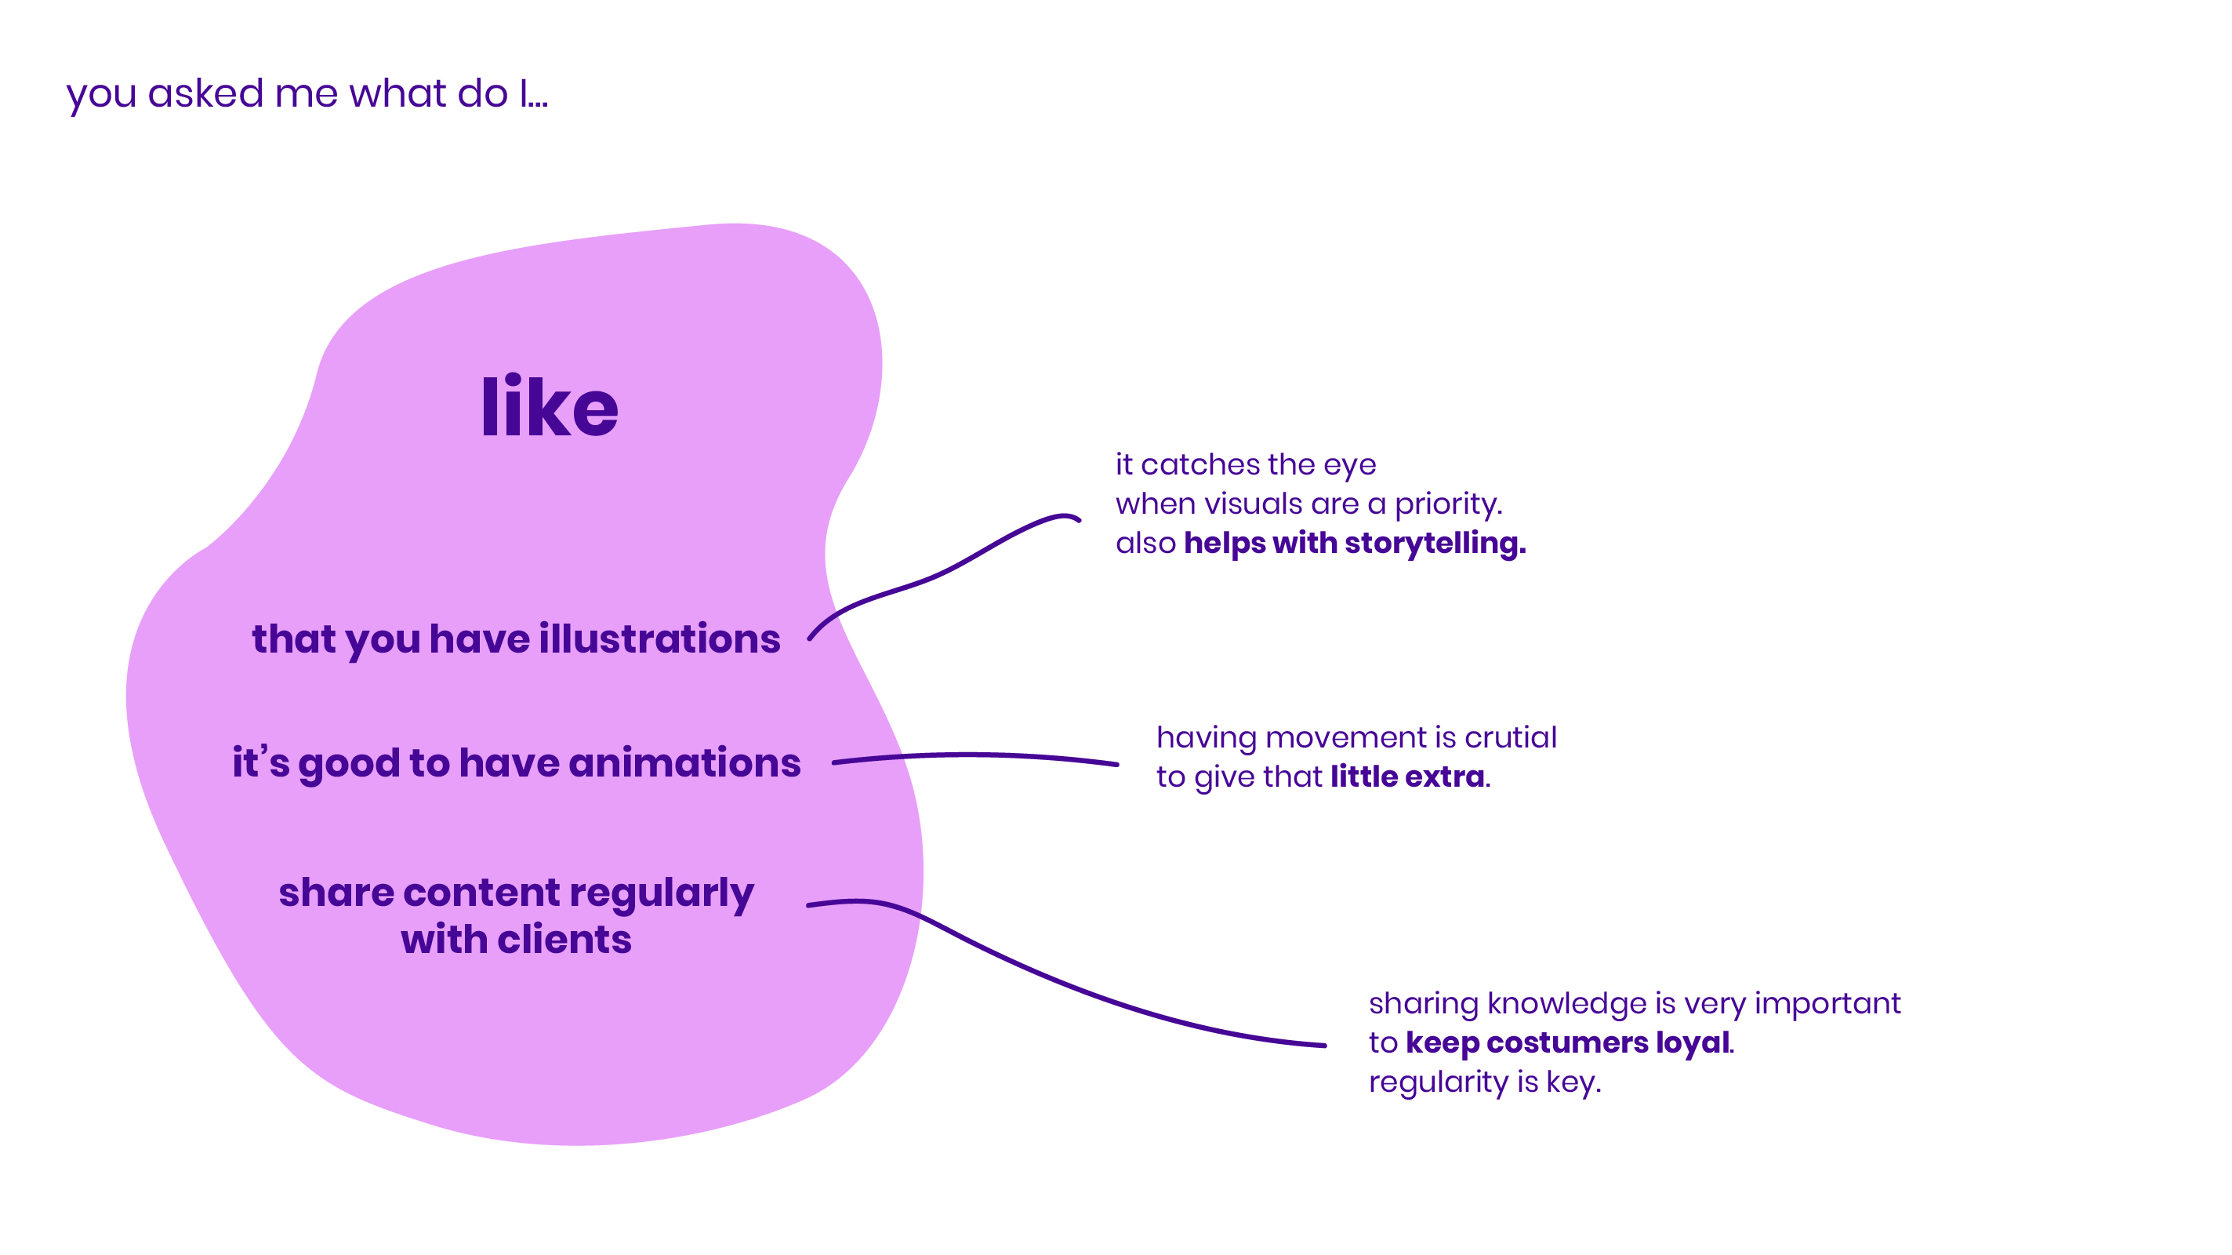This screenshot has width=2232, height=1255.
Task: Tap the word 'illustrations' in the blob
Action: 659,638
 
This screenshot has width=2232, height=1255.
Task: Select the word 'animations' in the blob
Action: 684,762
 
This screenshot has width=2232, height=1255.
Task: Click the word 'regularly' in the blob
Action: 661,893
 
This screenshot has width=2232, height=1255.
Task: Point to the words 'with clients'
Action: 517,940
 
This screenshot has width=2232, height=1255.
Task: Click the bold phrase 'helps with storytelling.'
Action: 1354,544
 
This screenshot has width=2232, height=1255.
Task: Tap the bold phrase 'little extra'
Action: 1407,777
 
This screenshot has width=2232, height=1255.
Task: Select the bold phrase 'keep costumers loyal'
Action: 1567,1042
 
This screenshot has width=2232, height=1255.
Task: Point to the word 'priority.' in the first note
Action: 1448,504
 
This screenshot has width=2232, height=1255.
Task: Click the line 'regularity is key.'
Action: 1484,1082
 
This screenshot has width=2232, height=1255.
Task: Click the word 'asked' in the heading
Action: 205,93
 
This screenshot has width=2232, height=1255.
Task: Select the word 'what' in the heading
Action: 397,93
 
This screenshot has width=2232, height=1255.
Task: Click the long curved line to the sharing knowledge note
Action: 1083,988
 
